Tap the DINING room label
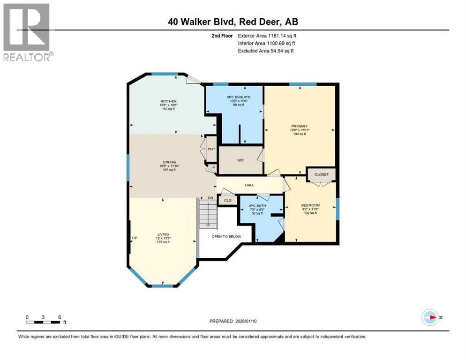point(169,162)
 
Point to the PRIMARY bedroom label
point(299,126)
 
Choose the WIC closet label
point(241,160)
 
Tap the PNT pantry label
point(211,149)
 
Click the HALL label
point(249,185)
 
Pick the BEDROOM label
point(310,205)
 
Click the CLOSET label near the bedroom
point(322,174)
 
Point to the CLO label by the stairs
point(228,200)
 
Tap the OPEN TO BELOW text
point(226,236)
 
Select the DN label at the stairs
point(210,198)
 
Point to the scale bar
point(43,322)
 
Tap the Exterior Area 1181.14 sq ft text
point(267,36)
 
